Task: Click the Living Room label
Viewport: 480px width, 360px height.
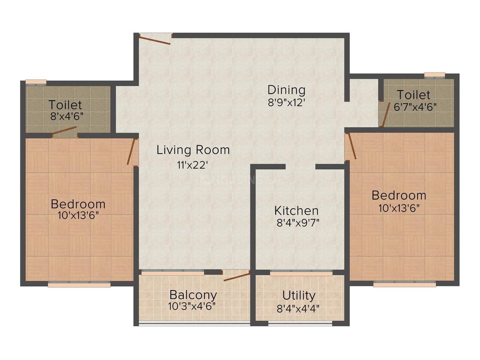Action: pos(193,150)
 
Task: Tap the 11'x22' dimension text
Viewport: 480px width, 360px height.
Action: pos(190,165)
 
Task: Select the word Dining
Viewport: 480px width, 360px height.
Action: pos(286,90)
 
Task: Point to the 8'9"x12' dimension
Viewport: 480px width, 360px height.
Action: pos(286,102)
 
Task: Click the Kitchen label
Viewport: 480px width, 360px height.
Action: pos(296,211)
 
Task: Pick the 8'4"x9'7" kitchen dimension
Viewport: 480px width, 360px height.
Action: pos(298,223)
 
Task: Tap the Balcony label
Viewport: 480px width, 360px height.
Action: pos(193,295)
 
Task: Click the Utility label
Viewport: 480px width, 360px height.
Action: pos(299,295)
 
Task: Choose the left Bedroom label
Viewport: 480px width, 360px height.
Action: pos(78,204)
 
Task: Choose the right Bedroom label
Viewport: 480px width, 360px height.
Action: pos(398,195)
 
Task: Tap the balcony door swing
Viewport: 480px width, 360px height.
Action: pos(237,276)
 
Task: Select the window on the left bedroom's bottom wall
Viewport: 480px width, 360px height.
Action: pos(79,284)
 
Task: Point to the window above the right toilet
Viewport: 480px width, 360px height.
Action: pos(434,75)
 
